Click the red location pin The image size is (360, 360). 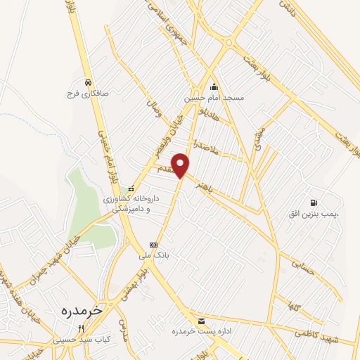click(181, 165)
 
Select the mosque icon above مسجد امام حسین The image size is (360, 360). click(214, 88)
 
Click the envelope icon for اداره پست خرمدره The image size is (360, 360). click(202, 321)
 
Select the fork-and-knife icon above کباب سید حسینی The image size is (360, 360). click(82, 328)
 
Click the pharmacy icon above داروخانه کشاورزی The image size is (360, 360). click(131, 188)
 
